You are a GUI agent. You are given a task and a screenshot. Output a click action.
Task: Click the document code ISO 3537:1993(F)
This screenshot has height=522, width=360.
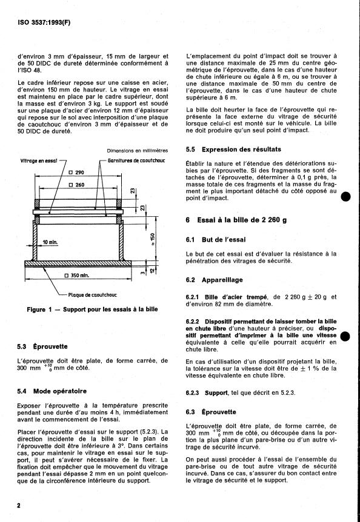pyautogui.click(x=44, y=23)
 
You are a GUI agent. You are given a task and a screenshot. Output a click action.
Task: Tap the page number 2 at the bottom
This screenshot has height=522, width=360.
pyautogui.click(x=19, y=506)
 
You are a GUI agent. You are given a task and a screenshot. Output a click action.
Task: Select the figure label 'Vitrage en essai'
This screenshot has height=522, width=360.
pyautogui.click(x=39, y=160)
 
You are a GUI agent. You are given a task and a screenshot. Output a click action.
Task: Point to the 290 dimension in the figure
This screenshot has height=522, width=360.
pyautogui.click(x=76, y=173)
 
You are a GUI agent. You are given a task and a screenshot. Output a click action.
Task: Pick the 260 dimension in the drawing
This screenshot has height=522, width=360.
pyautogui.click(x=76, y=185)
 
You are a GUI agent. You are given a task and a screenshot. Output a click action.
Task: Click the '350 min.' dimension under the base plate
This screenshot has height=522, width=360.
pyautogui.click(x=77, y=276)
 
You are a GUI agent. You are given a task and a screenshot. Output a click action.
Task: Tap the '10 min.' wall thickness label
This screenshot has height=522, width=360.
pyautogui.click(x=50, y=242)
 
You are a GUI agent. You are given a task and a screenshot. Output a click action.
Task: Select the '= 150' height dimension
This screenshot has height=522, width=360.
pyautogui.click(x=153, y=239)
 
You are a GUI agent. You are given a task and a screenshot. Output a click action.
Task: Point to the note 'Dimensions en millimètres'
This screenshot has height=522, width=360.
pyautogui.click(x=138, y=150)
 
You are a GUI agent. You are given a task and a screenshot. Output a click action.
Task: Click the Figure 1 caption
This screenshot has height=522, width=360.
pyautogui.click(x=92, y=309)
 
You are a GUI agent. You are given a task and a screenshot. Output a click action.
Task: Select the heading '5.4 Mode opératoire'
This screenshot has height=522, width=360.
pyautogui.click(x=52, y=391)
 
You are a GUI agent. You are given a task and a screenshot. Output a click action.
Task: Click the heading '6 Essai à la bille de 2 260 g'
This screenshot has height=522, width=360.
pyautogui.click(x=236, y=220)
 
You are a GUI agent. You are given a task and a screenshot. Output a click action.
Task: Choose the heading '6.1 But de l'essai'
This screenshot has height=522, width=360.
pyautogui.click(x=216, y=240)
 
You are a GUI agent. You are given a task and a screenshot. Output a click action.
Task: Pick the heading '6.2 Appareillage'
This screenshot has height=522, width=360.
pyautogui.click(x=214, y=280)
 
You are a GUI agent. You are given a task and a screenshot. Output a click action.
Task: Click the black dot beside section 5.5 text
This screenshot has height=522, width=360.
pyautogui.click(x=345, y=197)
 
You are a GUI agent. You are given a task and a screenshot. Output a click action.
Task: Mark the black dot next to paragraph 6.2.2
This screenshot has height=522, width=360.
pyautogui.click(x=345, y=336)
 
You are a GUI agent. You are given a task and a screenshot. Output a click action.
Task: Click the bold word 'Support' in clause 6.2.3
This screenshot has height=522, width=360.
pyautogui.click(x=216, y=393)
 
